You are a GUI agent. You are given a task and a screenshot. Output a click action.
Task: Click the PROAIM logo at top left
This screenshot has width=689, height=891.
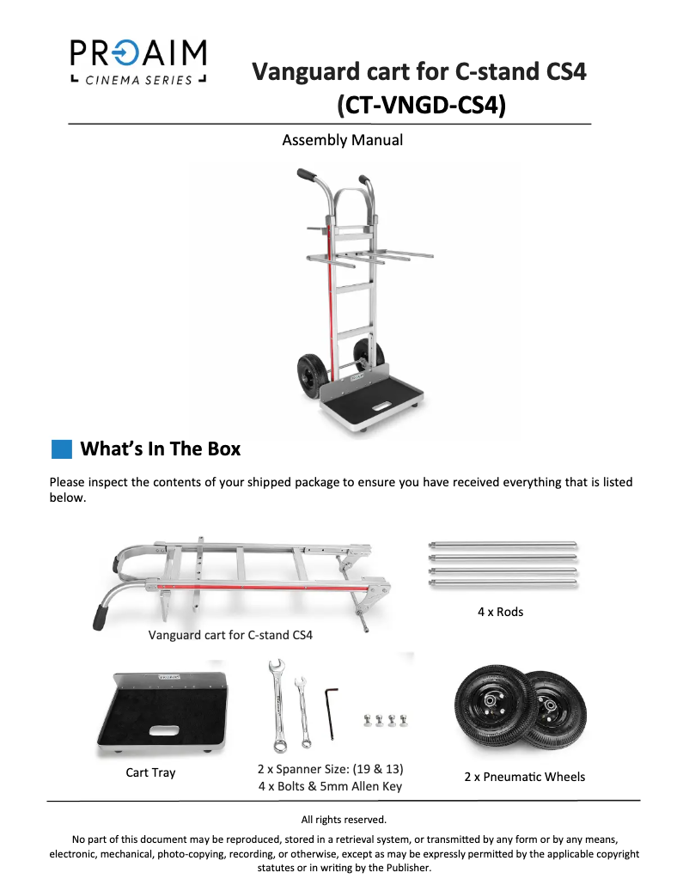click(138, 61)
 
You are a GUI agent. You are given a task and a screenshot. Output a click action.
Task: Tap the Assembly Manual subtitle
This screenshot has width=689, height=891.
click(342, 140)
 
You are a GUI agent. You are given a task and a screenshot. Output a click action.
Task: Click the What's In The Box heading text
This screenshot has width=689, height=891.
click(160, 449)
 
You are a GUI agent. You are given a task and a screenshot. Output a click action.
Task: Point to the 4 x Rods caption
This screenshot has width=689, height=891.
click(500, 612)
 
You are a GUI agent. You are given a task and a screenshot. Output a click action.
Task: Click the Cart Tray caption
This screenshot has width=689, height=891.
click(150, 772)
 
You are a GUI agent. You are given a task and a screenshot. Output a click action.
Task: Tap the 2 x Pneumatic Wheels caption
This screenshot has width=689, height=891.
click(524, 777)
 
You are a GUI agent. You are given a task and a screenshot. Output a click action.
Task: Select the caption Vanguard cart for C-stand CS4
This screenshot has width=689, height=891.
click(230, 637)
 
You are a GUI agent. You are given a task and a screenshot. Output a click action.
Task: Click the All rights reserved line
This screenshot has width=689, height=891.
click(344, 819)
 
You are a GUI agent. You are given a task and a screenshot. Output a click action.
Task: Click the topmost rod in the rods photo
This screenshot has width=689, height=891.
click(503, 544)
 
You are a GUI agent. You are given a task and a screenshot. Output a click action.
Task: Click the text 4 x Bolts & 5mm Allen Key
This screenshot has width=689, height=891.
click(330, 785)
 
